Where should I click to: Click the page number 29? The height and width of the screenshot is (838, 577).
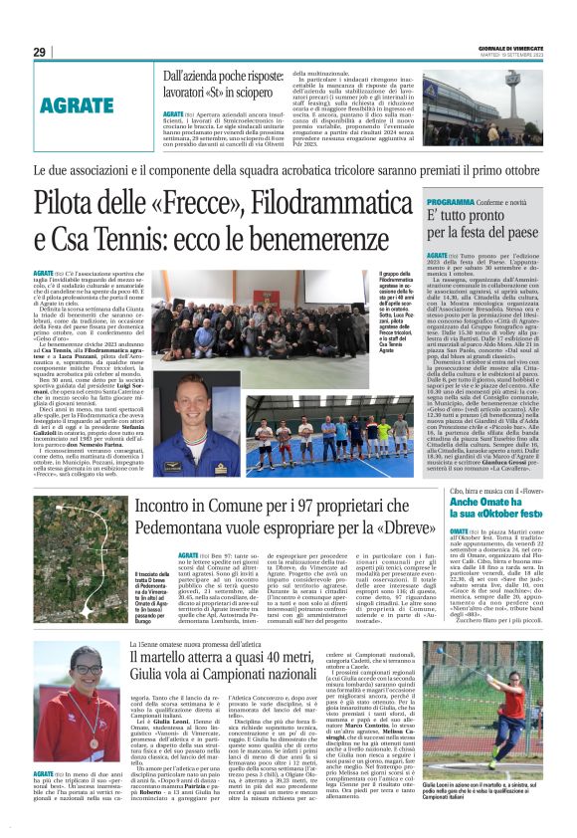pyautogui.click(x=39, y=52)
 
